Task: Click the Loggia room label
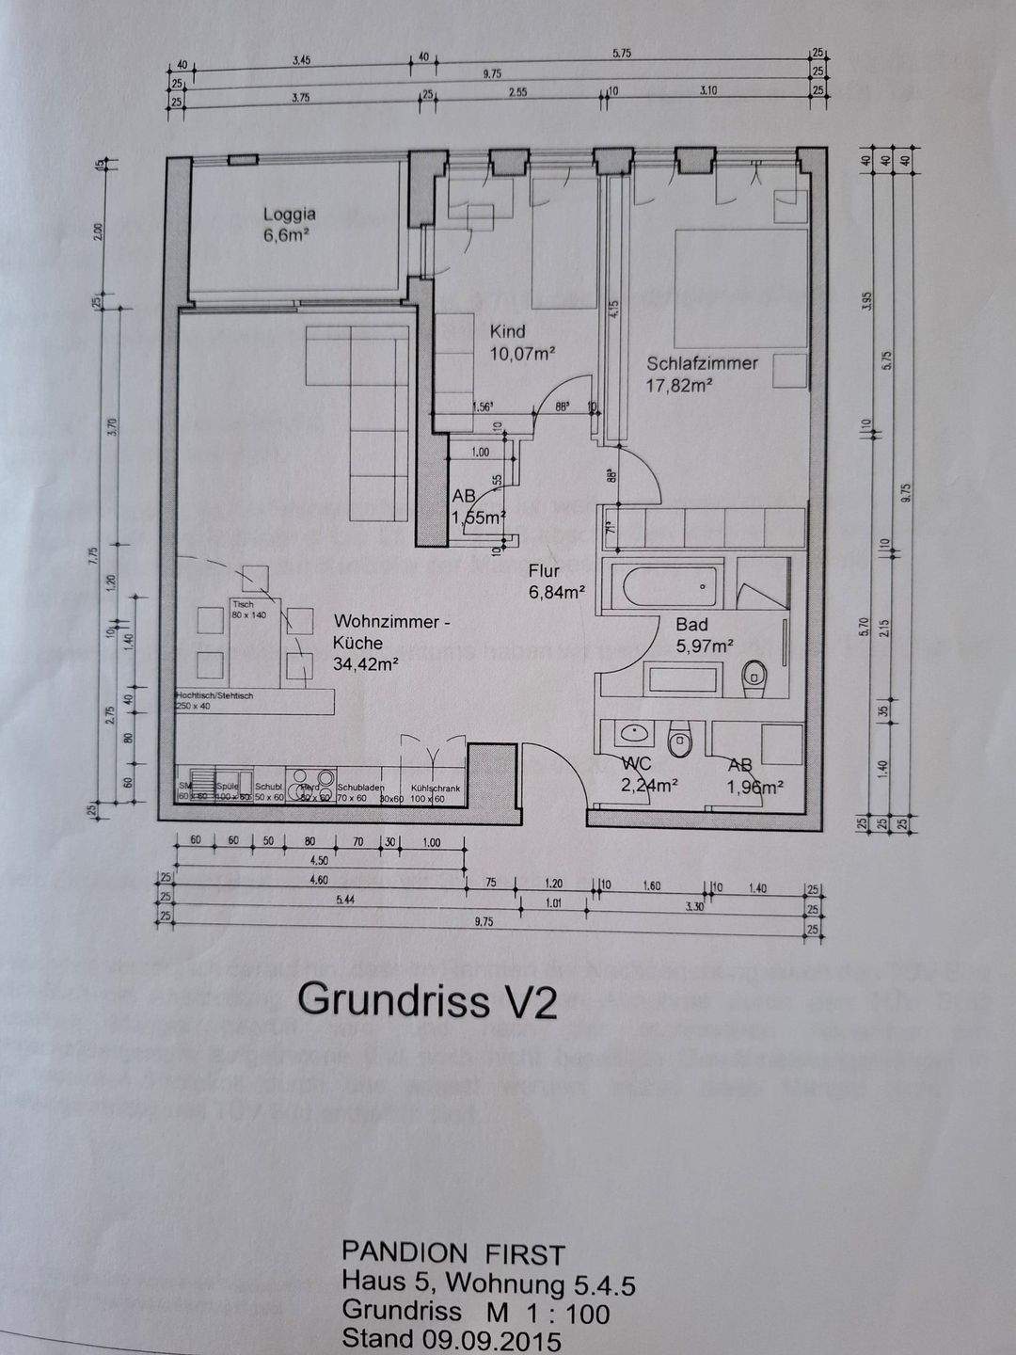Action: click(x=289, y=215)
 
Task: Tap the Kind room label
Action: click(x=507, y=331)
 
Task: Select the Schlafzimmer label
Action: click(x=702, y=363)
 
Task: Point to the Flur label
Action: click(x=544, y=570)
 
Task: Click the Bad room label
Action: click(x=691, y=624)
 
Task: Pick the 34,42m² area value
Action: click(x=365, y=663)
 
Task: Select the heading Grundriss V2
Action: click(x=427, y=1001)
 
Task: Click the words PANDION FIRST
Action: click(x=452, y=1253)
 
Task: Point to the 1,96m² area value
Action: click(x=755, y=788)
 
